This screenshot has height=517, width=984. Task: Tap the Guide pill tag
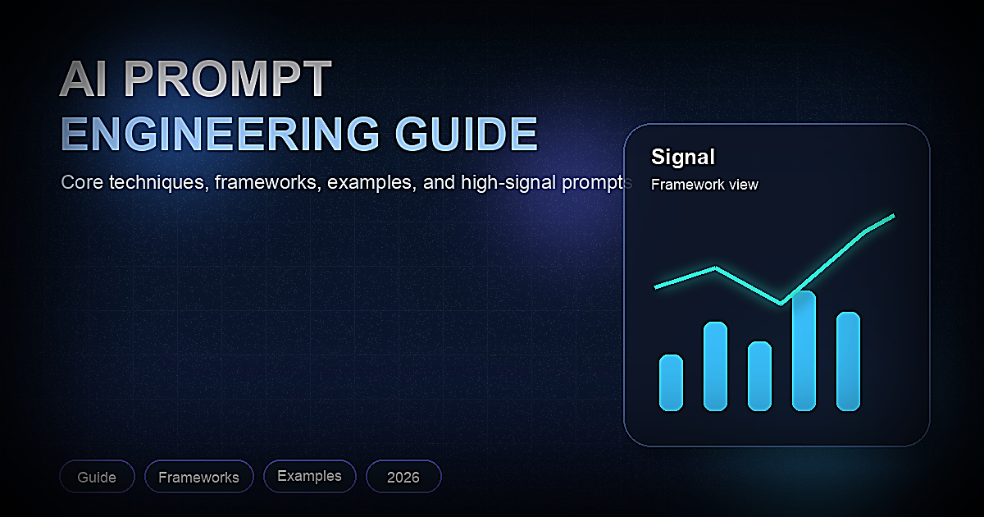click(97, 477)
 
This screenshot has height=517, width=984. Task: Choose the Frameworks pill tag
click(198, 477)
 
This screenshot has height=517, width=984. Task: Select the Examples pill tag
click(309, 476)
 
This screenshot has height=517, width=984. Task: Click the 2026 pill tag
click(403, 477)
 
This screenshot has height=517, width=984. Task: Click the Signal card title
click(682, 157)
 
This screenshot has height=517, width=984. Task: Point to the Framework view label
click(704, 185)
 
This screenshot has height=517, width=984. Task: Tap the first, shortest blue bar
click(671, 382)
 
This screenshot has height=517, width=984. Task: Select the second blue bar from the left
click(715, 366)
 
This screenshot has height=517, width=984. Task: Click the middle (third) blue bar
click(759, 376)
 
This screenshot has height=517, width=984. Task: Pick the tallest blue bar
click(804, 350)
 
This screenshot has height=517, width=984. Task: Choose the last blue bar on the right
click(848, 361)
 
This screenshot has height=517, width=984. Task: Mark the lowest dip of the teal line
click(780, 303)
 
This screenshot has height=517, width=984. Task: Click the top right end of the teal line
click(892, 216)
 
